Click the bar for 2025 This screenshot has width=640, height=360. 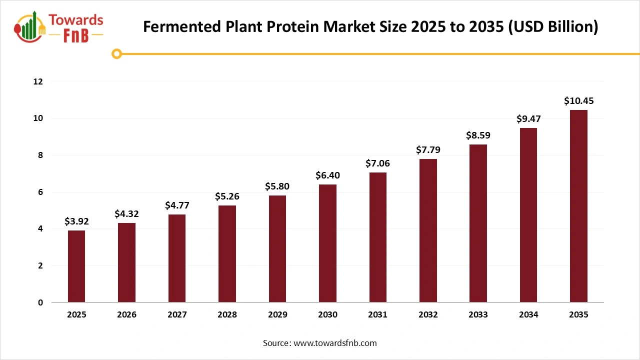click(76, 266)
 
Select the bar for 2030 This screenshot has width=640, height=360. click(327, 243)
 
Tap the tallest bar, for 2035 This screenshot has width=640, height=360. click(578, 206)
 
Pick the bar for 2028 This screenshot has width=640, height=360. click(227, 254)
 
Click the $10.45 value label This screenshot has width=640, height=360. click(578, 101)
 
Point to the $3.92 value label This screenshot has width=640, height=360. click(76, 221)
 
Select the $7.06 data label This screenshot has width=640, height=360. click(377, 163)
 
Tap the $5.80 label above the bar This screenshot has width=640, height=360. click(277, 186)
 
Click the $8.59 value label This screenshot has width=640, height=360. click(478, 135)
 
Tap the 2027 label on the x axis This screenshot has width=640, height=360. click(177, 315)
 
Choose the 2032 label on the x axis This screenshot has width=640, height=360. click(428, 315)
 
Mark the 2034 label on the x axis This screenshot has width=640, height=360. click(528, 315)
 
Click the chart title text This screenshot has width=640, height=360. click(370, 26)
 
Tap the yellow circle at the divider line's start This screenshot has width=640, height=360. click(116, 54)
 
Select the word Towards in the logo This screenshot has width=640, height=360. click(76, 20)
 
